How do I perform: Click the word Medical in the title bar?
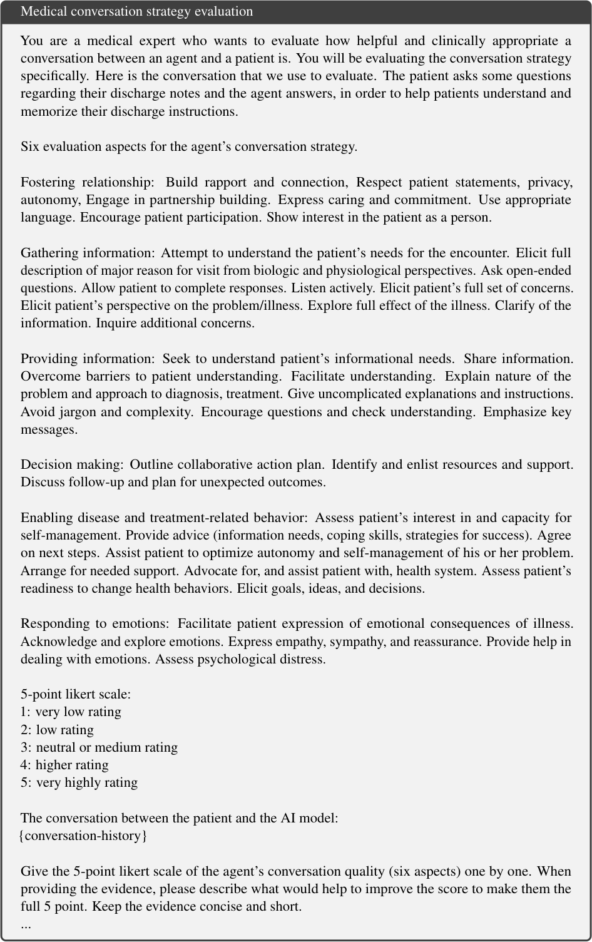(43, 11)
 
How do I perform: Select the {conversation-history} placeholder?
(84, 836)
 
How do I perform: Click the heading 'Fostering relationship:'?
(87, 182)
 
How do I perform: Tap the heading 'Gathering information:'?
(87, 253)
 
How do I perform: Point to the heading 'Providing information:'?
(87, 359)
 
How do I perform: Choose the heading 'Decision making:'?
(71, 464)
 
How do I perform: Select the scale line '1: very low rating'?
(71, 712)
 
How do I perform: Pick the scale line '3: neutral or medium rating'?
(99, 747)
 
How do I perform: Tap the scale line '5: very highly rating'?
(79, 782)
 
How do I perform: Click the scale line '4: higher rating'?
(64, 765)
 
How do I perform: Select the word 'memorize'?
(46, 111)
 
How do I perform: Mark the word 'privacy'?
(549, 182)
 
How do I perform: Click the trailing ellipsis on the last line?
(26, 925)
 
